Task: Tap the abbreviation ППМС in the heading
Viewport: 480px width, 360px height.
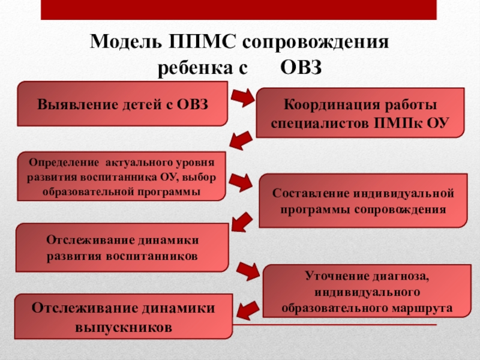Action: point(196,44)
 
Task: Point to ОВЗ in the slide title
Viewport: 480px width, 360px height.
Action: point(302,68)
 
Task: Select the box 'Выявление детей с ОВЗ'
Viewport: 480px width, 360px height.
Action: point(123,104)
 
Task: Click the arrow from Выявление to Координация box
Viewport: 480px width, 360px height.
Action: point(244,97)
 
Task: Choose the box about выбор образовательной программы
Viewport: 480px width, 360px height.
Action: point(121,176)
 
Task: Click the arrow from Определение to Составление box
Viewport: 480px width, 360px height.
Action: point(244,180)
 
